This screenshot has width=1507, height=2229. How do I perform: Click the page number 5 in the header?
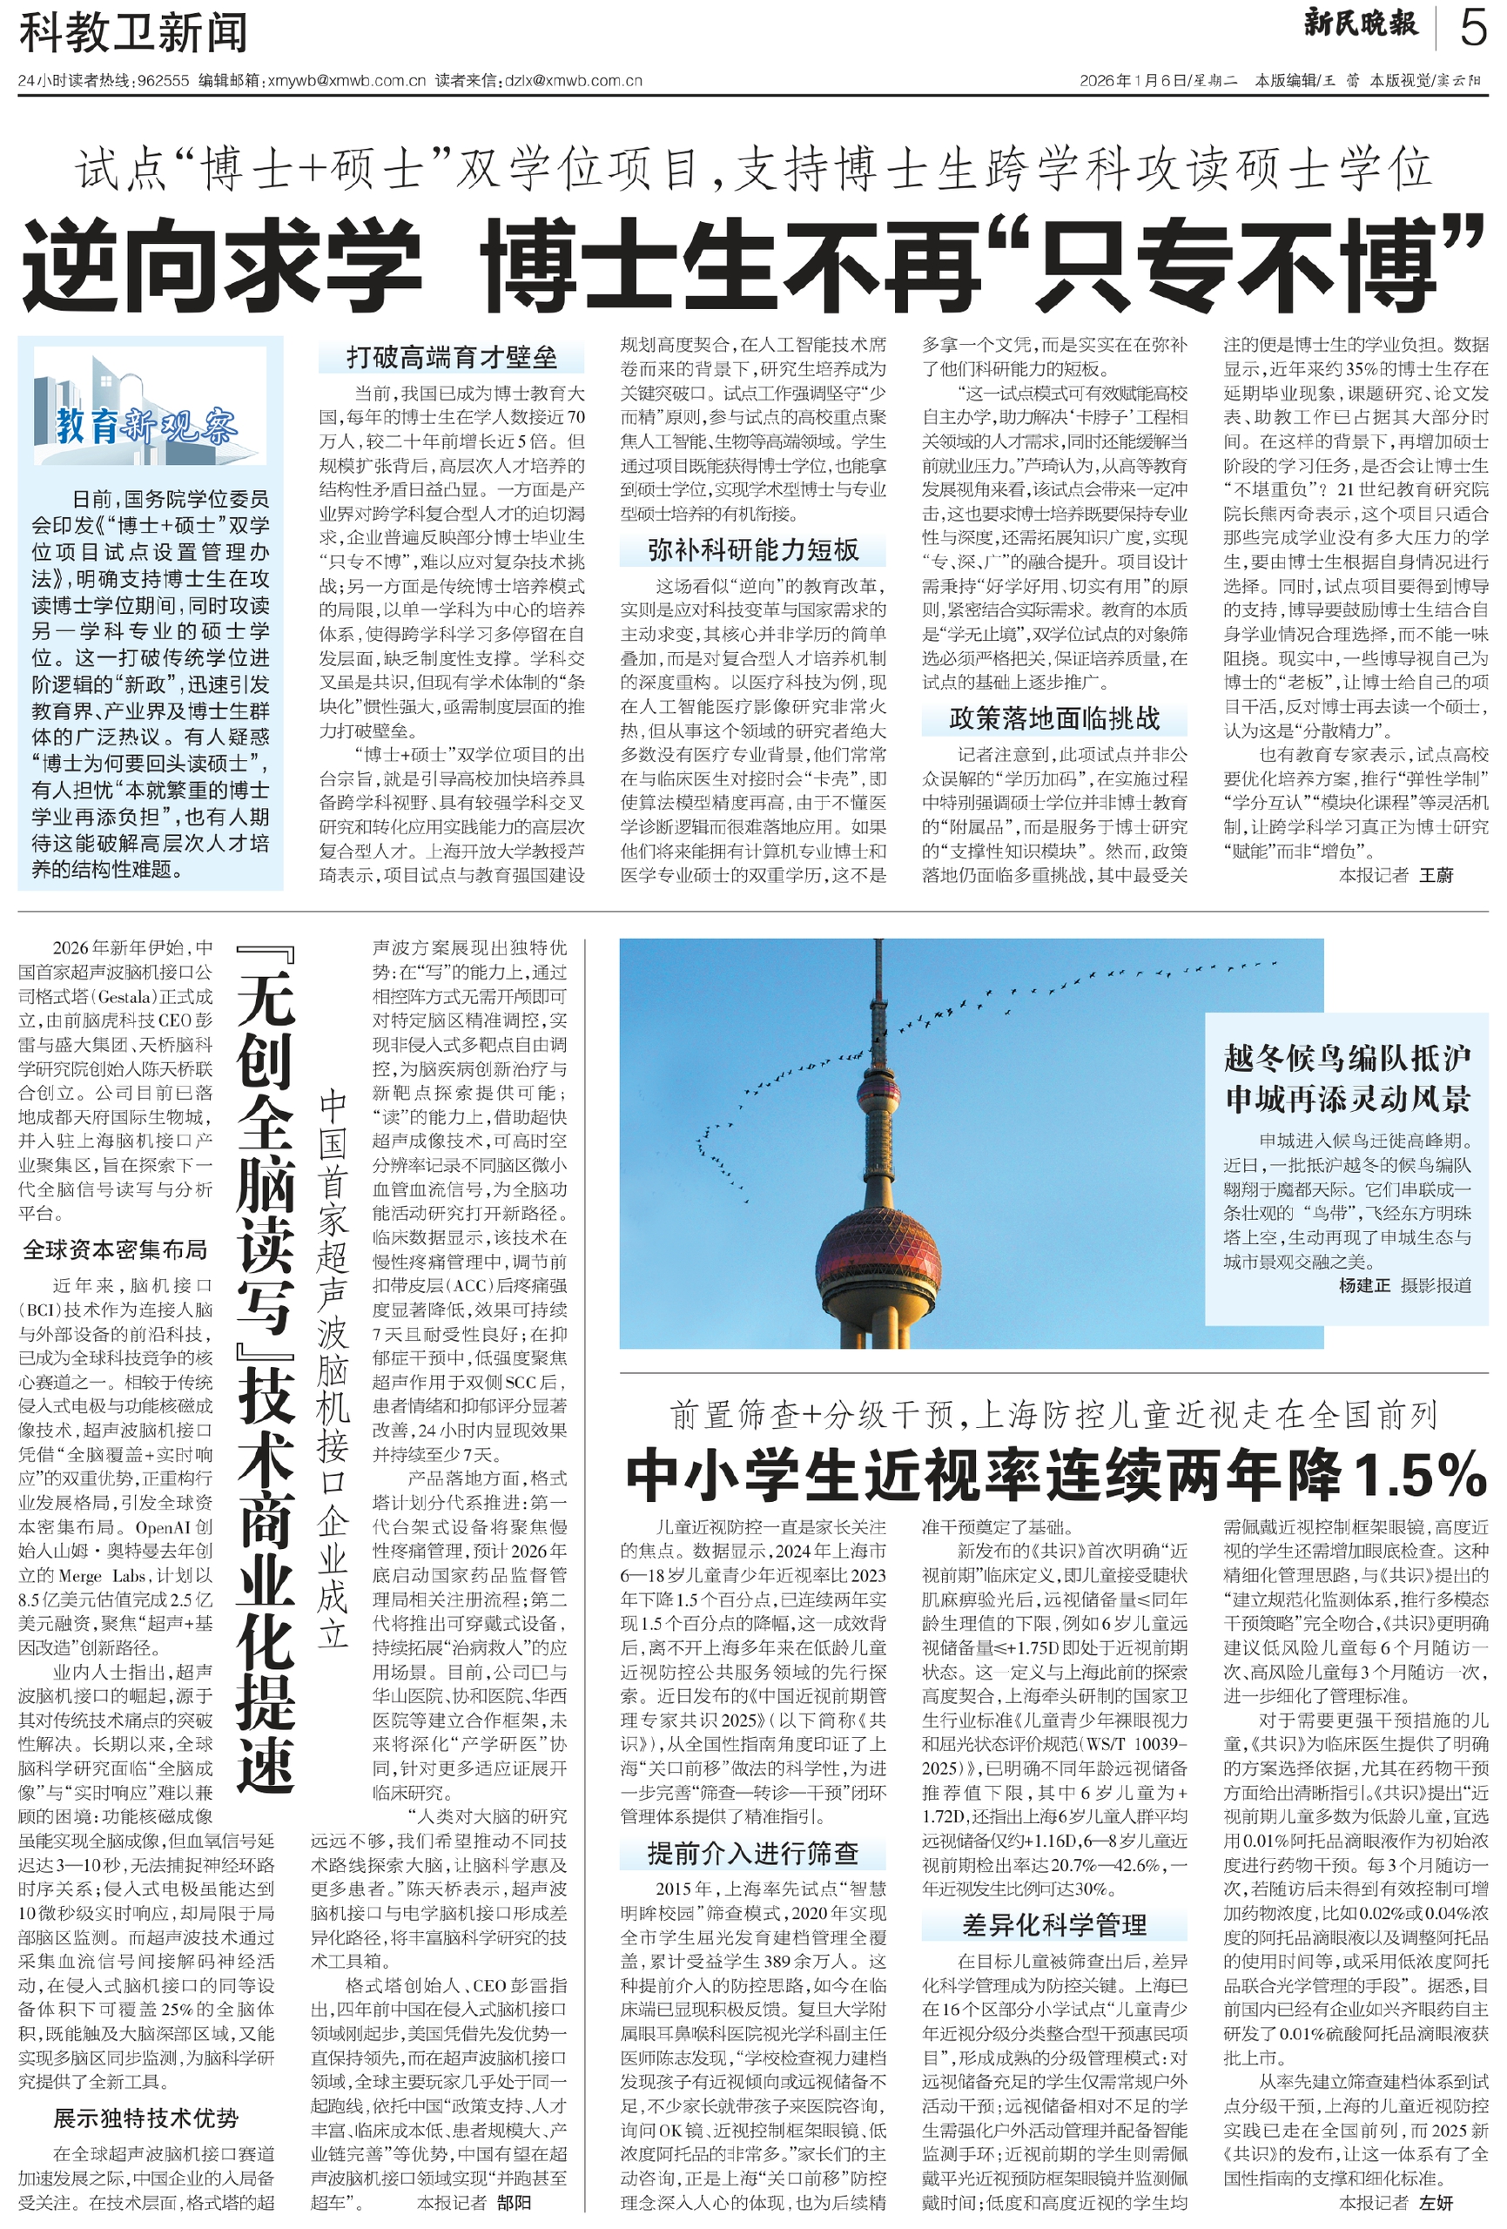click(x=1471, y=28)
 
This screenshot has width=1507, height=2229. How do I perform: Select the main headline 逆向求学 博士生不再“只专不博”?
click(x=753, y=264)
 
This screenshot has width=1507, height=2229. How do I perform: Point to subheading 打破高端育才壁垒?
click(x=451, y=358)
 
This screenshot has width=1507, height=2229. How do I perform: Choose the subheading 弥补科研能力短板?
click(x=752, y=549)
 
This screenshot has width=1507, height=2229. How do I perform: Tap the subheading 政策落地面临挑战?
click(x=1053, y=718)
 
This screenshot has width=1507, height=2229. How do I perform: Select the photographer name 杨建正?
click(x=1363, y=1285)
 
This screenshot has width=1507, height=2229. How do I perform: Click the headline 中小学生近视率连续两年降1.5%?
click(x=1054, y=1475)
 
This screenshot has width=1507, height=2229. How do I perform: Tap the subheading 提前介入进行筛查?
click(x=752, y=1853)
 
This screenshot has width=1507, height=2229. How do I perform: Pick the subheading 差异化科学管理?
click(x=1053, y=1925)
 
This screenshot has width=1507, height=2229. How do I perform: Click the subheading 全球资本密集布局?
click(x=115, y=1249)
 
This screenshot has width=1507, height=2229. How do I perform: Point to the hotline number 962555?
click(x=163, y=81)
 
